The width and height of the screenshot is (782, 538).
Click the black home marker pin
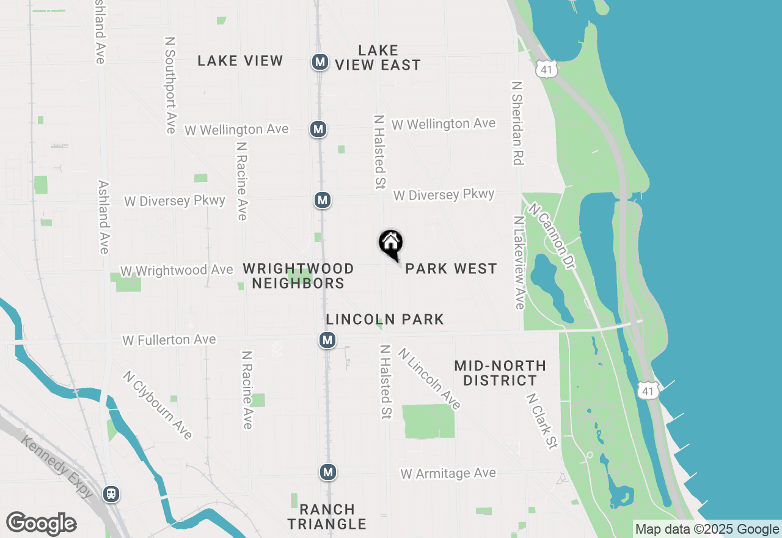point(391,243)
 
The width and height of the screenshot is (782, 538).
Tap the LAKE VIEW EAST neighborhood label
point(378,57)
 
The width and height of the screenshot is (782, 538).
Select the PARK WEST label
point(451,268)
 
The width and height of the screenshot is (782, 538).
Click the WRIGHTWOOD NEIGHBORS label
point(298,276)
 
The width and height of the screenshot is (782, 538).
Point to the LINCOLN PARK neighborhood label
point(385,319)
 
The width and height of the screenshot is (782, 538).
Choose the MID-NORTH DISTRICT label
point(500,373)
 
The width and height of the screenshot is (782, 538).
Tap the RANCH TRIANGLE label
point(327,517)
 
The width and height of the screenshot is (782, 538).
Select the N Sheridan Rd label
point(517,123)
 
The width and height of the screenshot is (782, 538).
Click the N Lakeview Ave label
point(519,262)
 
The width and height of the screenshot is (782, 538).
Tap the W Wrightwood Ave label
point(177,270)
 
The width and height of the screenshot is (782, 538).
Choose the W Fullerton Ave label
point(169,339)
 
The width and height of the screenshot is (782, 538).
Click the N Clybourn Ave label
point(158,405)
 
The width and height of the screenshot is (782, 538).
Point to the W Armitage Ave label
point(448,473)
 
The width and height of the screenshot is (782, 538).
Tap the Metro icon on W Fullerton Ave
point(327,340)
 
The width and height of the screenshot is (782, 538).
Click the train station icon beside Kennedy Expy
point(111,493)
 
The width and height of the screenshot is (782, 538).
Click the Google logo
point(41,524)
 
